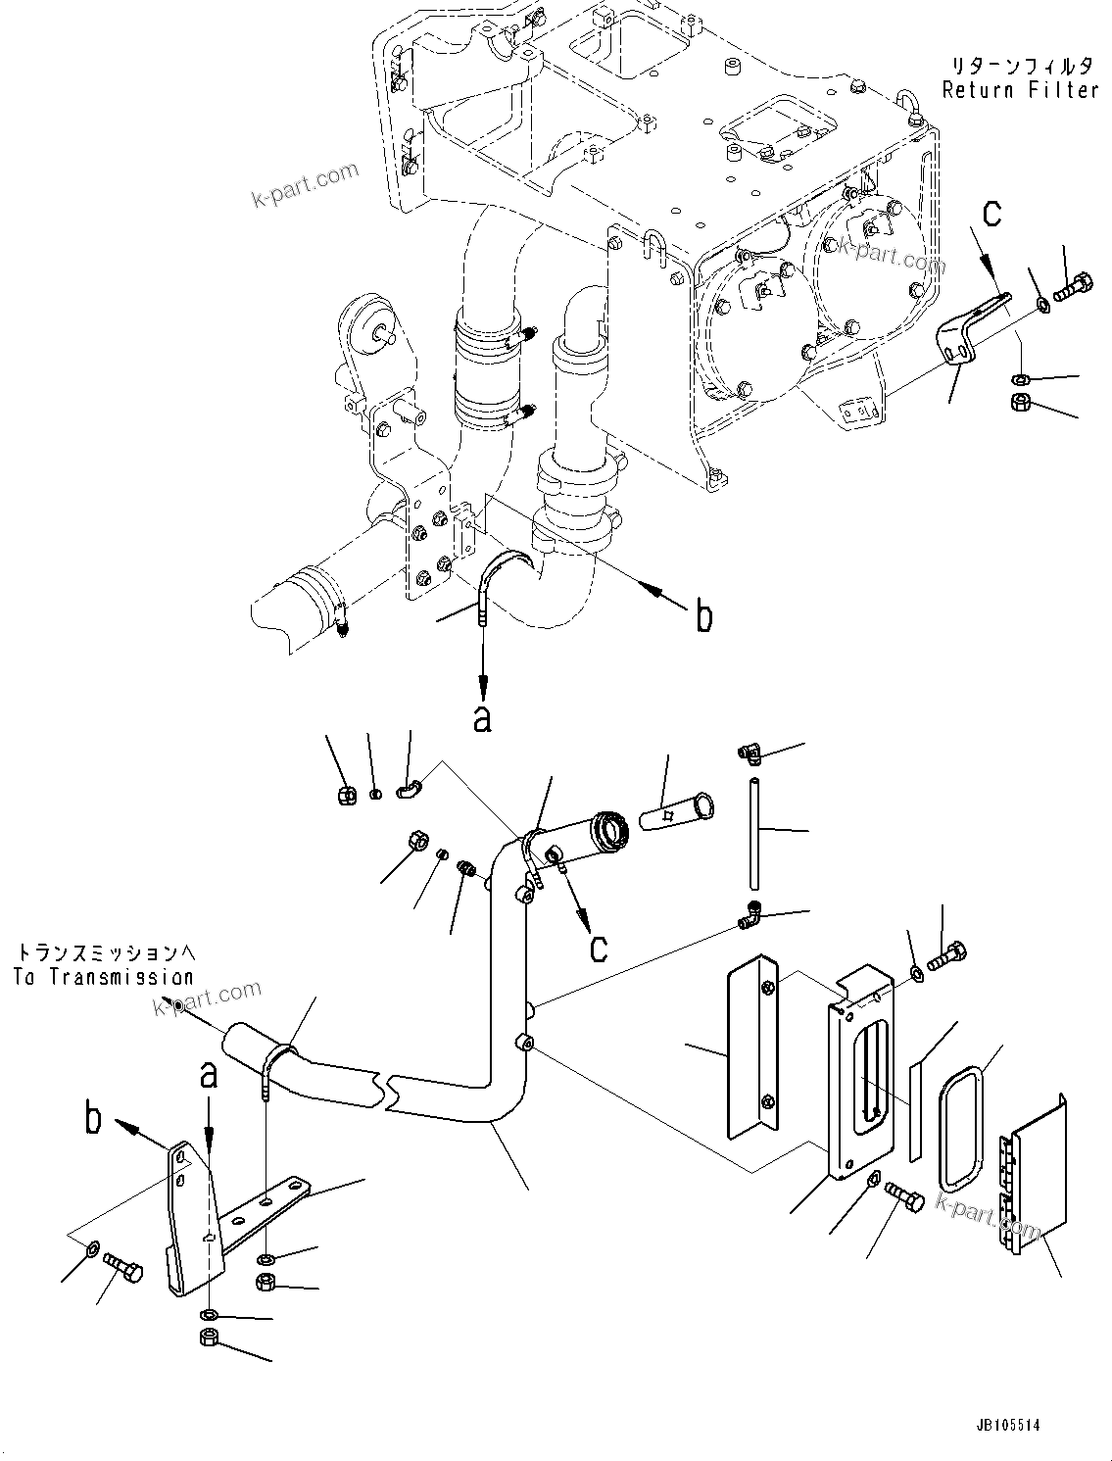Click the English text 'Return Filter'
(1020, 90)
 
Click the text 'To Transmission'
(104, 977)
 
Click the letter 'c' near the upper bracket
(993, 214)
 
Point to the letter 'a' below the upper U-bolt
(481, 718)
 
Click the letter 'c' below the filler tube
(598, 947)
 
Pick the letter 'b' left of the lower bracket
(94, 1119)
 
